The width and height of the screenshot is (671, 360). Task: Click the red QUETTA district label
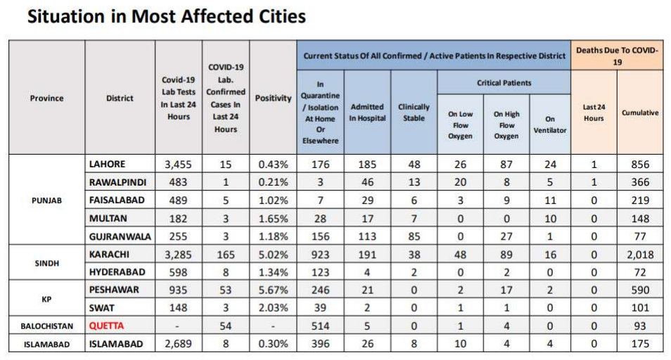point(106,326)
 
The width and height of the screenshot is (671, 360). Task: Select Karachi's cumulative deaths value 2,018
point(639,254)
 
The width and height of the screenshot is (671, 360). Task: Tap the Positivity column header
point(273,98)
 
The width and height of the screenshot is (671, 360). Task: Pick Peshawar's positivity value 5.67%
point(273,290)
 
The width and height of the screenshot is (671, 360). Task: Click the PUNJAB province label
point(47,200)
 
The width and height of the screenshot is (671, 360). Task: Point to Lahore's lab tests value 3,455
point(179,164)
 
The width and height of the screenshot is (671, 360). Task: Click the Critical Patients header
point(504,83)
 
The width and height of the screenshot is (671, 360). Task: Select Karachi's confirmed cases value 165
point(225,254)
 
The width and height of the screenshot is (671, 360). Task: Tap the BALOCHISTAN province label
point(47,326)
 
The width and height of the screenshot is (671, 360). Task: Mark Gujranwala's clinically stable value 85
point(414,236)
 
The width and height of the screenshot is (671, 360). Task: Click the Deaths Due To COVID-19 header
point(617,56)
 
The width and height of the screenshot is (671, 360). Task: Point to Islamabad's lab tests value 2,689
point(179,344)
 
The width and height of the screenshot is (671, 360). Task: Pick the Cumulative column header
point(639,112)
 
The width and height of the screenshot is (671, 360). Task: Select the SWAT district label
point(103,308)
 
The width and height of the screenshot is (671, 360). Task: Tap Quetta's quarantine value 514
point(320,326)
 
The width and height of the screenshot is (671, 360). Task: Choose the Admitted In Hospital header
point(367,112)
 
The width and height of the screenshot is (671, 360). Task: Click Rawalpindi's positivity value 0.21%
point(273,182)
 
